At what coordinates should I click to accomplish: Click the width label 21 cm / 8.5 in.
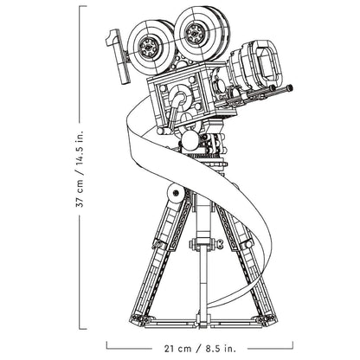(200, 349)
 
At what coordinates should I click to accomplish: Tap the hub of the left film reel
(148, 47)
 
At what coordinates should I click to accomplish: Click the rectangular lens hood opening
(267, 62)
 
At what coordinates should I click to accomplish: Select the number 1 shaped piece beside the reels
(119, 55)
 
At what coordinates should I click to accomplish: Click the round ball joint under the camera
(190, 141)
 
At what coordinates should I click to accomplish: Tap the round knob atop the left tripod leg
(175, 193)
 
